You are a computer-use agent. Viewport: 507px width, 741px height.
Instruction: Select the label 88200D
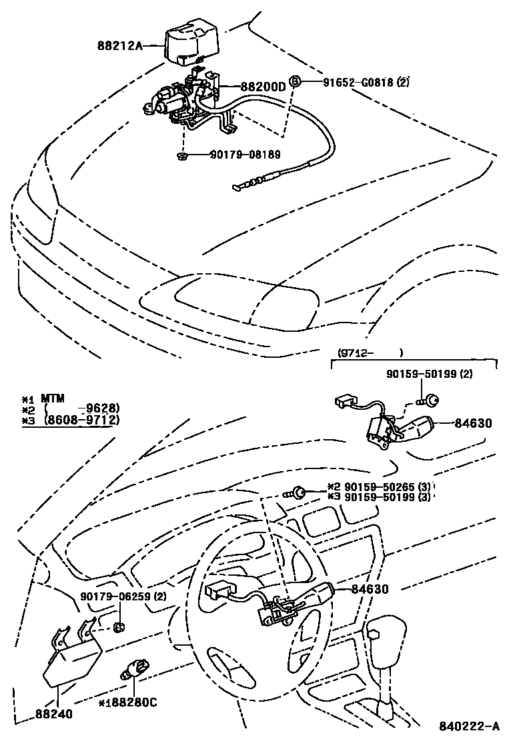(x=262, y=87)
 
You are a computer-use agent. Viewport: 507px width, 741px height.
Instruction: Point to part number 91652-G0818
(x=359, y=83)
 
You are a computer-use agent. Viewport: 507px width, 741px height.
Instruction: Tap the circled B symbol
(x=296, y=83)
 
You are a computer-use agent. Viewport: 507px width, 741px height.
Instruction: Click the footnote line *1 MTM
(x=43, y=398)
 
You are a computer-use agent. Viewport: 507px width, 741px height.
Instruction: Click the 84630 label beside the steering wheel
(x=366, y=589)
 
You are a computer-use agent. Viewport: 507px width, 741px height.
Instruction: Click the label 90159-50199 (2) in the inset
(x=429, y=375)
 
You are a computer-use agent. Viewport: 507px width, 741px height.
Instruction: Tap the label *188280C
(x=127, y=702)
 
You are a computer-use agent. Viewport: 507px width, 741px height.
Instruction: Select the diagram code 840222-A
(x=469, y=726)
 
